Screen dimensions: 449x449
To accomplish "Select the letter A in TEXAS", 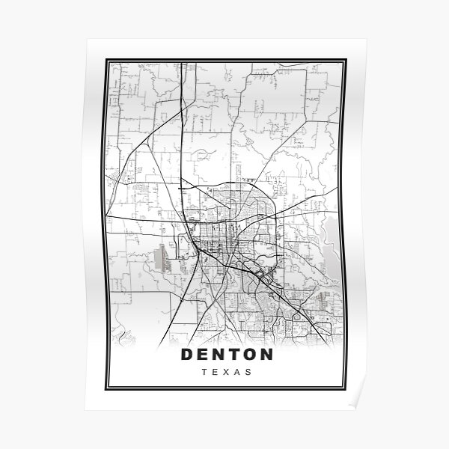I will (236, 371).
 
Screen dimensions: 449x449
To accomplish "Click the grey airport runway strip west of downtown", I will (159, 259).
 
